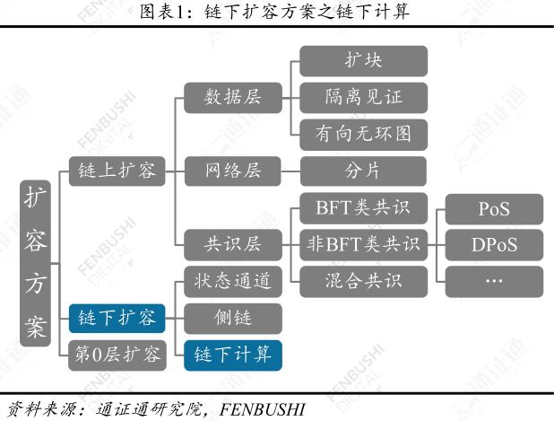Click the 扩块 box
point(364,61)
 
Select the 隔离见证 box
point(364,98)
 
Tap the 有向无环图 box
point(364,135)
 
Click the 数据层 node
point(233,98)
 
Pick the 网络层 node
point(233,171)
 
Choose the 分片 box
point(364,171)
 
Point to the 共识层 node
point(233,244)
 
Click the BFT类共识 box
point(364,208)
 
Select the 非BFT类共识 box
point(364,244)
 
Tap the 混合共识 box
point(364,282)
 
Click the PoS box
point(494,209)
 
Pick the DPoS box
point(494,244)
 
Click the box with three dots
point(494,282)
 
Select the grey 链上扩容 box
point(117,171)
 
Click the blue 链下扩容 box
point(117,318)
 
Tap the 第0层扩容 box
point(117,355)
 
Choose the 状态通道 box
point(233,282)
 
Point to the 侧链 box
point(233,318)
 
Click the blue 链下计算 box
point(233,355)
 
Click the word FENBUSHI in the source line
point(262,409)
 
